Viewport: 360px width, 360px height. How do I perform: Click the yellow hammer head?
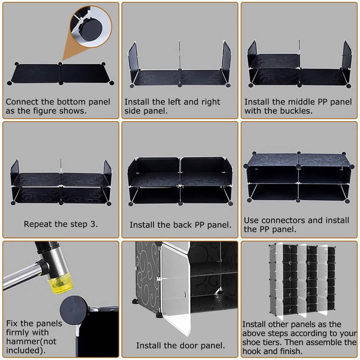[61, 284]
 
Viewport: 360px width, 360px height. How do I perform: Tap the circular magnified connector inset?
[91, 26]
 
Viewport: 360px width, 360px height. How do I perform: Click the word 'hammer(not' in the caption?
[31, 341]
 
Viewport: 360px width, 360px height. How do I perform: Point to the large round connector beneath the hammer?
[74, 310]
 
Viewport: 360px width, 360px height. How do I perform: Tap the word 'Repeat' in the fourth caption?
[37, 224]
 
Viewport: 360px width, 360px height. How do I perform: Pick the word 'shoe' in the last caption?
[252, 342]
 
